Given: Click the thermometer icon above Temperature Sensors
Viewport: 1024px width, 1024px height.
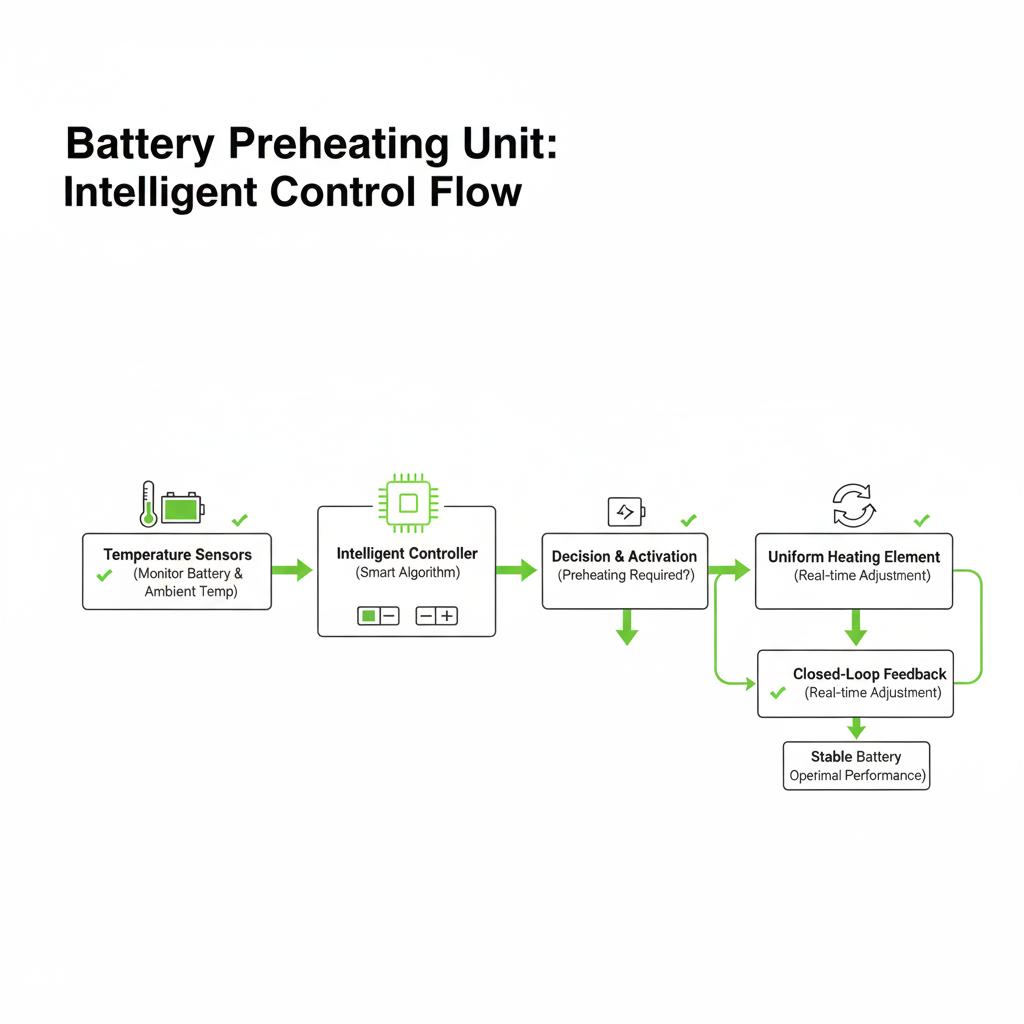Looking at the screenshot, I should pos(148,503).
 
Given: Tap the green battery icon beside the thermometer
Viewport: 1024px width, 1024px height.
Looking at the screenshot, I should pos(181,508).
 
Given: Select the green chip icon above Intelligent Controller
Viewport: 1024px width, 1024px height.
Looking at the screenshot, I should pos(407,503).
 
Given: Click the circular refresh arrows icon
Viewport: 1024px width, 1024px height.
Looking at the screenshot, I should pos(854,505).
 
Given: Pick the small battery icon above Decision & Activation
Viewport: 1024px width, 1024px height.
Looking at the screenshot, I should pos(626,512).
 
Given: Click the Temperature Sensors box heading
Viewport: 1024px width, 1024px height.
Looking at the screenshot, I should pos(177,554).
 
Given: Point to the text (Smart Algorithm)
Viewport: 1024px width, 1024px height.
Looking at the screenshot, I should pos(407,573).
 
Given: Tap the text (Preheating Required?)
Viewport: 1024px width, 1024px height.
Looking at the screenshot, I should pos(626,576).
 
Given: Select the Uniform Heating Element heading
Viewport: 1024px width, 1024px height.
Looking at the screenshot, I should pos(854,557).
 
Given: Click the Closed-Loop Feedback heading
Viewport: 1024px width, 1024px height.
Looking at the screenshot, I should pos(869,674).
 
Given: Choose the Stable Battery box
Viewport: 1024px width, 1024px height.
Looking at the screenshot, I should pos(856,766).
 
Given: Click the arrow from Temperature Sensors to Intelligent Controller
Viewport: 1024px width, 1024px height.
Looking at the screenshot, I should pos(292,570).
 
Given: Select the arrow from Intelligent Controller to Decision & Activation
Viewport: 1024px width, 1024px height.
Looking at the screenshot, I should pos(516,570).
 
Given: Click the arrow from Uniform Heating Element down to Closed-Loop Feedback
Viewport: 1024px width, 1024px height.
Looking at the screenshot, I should pos(854,628).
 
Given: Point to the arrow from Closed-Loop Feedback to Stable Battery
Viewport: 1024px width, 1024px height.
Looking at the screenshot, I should pos(854,729).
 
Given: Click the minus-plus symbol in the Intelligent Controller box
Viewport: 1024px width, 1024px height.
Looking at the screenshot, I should pos(436,616).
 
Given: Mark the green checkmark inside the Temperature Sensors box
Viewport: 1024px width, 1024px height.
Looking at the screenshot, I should pos(104,575).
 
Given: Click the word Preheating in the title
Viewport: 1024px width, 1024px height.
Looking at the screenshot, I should pos(338,145).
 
